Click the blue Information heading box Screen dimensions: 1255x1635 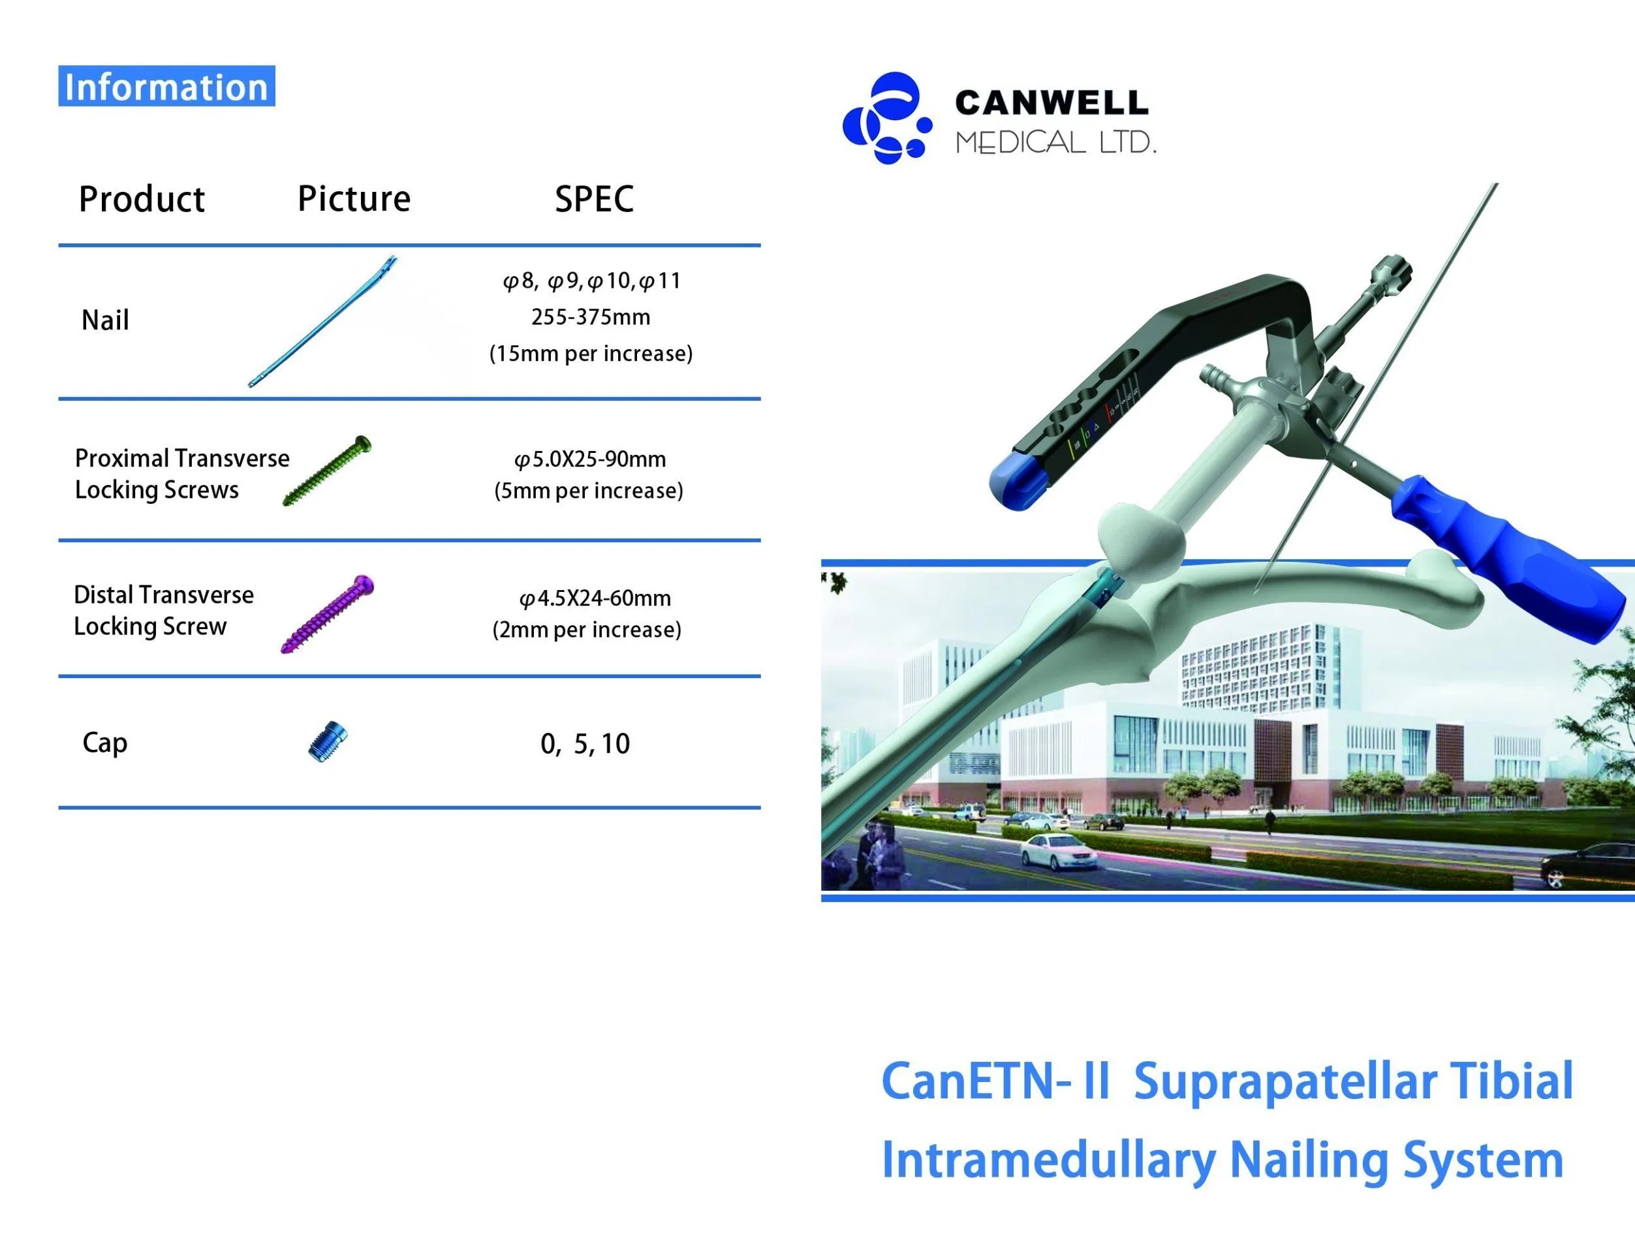(166, 86)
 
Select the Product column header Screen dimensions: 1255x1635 (141, 198)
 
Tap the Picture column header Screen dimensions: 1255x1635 (354, 198)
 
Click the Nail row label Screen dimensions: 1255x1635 (104, 320)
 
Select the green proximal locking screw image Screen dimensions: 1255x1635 (327, 470)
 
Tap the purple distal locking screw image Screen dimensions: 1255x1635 (327, 614)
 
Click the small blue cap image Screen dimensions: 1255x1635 (328, 742)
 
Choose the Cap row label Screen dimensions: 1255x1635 (104, 743)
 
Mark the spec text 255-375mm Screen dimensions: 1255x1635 (591, 317)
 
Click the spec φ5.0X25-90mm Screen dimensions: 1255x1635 (590, 459)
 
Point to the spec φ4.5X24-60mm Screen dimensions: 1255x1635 (595, 598)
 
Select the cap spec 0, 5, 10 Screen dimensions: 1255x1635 (585, 744)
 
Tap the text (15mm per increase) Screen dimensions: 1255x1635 (591, 353)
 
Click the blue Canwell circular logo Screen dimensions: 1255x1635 (887, 118)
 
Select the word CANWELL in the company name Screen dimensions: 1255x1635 (1051, 102)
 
